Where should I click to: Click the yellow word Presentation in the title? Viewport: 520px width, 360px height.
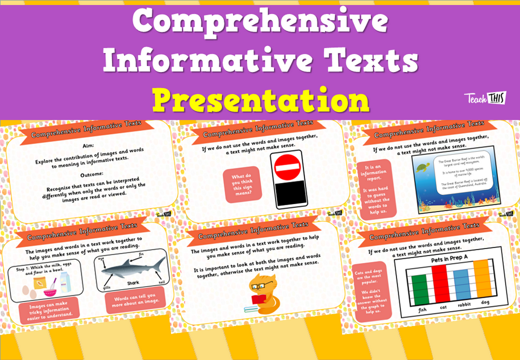(x=260, y=101)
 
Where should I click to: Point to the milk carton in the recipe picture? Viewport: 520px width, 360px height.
(x=64, y=282)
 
